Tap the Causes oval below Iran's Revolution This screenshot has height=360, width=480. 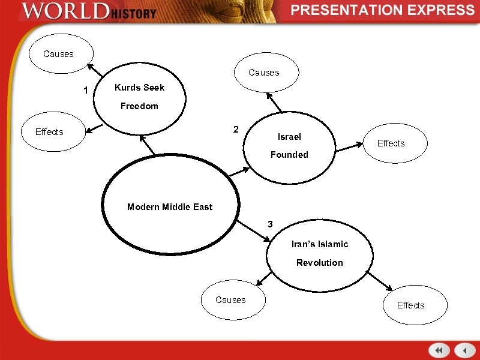231,300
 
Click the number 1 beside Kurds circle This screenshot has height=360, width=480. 86,91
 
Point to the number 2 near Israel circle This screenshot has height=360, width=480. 236,130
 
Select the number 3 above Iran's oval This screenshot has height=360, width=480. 270,224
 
